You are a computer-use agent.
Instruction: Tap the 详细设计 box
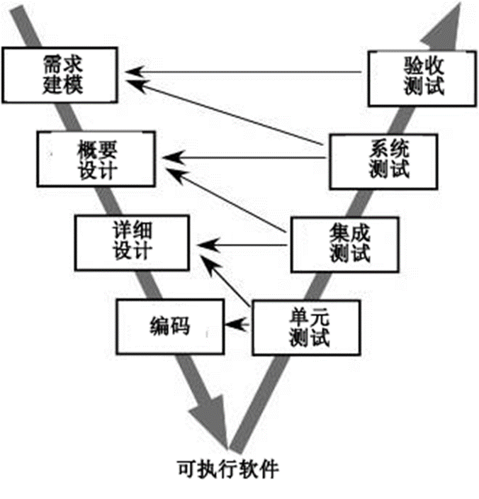click(x=133, y=242)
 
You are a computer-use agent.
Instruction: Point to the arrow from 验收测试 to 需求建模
click(x=248, y=72)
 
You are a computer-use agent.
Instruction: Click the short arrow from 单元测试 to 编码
click(x=238, y=324)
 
